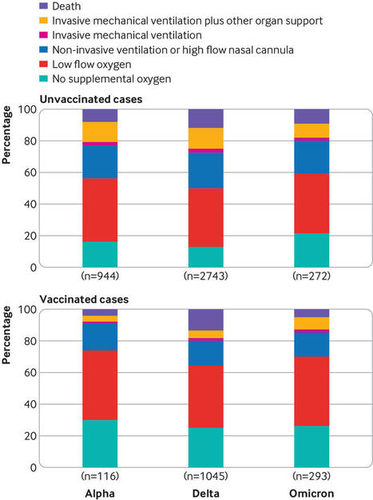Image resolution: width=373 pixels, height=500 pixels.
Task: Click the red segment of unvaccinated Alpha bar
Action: pyautogui.click(x=100, y=210)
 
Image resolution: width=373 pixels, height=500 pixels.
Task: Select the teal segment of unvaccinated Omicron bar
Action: pyautogui.click(x=311, y=250)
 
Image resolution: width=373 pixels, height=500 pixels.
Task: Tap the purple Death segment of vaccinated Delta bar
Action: pyautogui.click(x=206, y=319)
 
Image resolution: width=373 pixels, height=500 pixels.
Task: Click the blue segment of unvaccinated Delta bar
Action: pyautogui.click(x=206, y=170)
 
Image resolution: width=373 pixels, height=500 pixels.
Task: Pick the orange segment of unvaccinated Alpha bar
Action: pyautogui.click(x=100, y=132)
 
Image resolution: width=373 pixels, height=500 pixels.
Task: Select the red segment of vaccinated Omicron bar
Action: pyautogui.click(x=311, y=391)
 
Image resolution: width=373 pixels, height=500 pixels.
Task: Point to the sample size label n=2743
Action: pyautogui.click(x=206, y=276)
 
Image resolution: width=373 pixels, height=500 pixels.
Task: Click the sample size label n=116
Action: pyautogui.click(x=100, y=476)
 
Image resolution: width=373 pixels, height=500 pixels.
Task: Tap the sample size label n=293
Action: pyautogui.click(x=311, y=476)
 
